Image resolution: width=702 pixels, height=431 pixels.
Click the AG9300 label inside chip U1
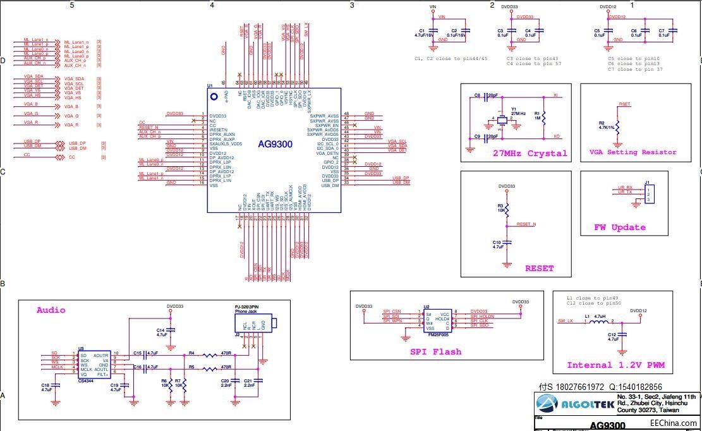275,144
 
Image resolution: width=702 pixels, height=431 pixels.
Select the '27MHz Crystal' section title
530,154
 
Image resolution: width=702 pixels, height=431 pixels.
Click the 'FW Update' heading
619,228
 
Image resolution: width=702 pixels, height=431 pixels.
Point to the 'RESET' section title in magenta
539,269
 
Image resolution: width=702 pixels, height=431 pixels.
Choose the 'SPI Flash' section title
435,352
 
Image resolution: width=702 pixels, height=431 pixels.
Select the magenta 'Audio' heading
51,310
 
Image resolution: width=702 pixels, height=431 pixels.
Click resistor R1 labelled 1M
544,118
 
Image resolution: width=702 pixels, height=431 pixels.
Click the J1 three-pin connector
649,194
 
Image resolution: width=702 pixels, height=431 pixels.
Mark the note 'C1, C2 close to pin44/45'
451,58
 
